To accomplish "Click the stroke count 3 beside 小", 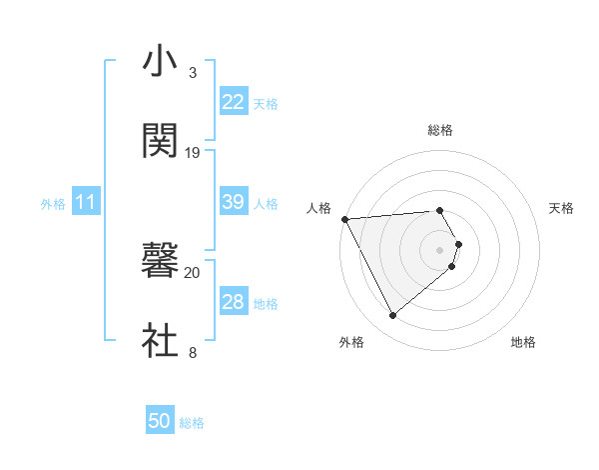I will (193, 73).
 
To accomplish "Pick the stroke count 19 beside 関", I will (193, 153).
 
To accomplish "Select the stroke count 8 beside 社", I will (193, 353).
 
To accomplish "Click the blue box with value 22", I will (234, 102).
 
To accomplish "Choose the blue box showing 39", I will (234, 202).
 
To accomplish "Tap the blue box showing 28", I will (234, 302).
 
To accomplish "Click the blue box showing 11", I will (87, 202).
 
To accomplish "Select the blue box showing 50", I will (160, 422).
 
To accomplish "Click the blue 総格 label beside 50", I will (192, 423).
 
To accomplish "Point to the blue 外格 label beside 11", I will (53, 203).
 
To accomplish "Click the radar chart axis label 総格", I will (440, 131).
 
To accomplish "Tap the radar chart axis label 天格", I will (562, 208).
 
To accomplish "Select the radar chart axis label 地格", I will (523, 343).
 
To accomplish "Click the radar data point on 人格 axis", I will (344, 219).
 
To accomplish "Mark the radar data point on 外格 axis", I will (393, 316).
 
